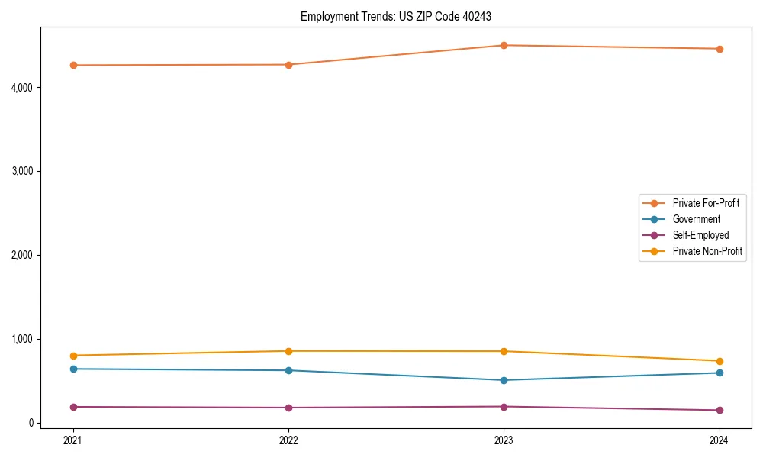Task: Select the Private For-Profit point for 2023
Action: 504,46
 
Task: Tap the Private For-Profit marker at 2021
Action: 73,65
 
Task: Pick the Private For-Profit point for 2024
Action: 719,49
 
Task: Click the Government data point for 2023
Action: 504,380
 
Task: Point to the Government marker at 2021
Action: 73,369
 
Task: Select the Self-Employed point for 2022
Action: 288,408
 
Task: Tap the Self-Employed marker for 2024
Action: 719,411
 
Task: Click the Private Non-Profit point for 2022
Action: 288,351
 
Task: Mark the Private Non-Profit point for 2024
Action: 719,361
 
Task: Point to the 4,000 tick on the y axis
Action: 22,88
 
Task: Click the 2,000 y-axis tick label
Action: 22,255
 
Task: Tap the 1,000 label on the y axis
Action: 22,339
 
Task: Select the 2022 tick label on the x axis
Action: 288,440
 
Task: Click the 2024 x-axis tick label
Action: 719,440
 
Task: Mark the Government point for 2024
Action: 719,373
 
